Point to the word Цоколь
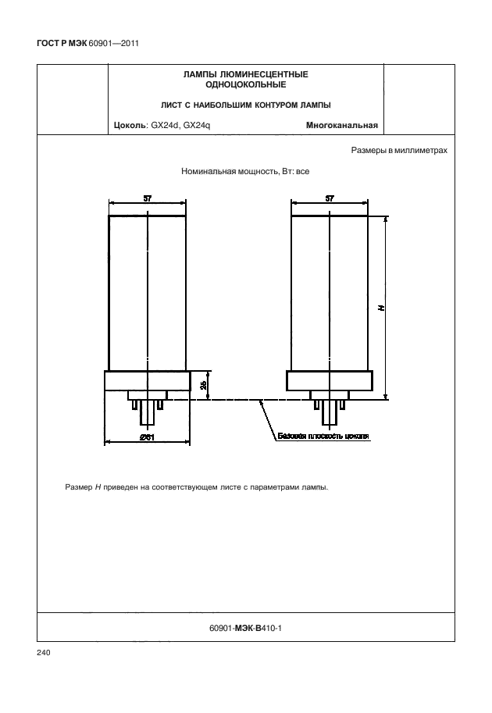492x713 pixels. click(130, 124)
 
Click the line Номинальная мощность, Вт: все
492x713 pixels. click(245, 170)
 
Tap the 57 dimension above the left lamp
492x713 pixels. click(148, 198)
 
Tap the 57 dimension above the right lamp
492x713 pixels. click(330, 198)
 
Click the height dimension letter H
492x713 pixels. click(381, 308)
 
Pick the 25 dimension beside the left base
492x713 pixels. click(203, 384)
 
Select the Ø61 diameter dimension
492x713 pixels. click(147, 437)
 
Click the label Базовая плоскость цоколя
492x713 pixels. click(323, 436)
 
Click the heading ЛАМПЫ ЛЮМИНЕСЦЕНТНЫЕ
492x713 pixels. click(245, 74)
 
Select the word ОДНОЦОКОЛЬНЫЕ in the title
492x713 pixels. click(245, 84)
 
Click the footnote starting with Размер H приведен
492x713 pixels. click(197, 488)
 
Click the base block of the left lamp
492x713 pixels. click(148, 380)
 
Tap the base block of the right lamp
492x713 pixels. click(330, 380)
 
